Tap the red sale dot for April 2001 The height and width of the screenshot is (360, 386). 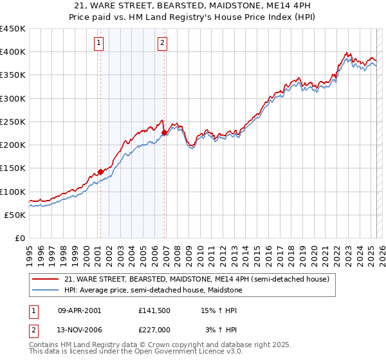point(100,172)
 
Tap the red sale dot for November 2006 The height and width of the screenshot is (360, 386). point(165,132)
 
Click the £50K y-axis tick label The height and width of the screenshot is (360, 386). point(15,215)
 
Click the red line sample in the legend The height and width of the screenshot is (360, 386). point(46,279)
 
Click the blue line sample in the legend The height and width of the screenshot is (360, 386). point(46,290)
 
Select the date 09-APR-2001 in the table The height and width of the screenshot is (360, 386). point(79,310)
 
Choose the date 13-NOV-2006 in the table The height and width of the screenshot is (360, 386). point(80,329)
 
